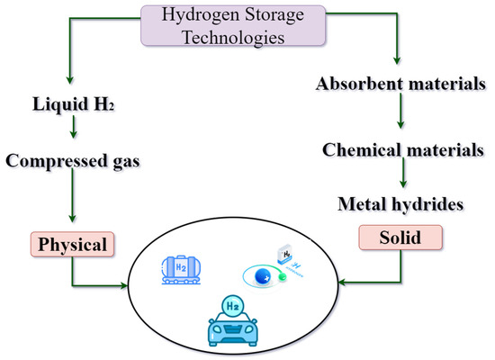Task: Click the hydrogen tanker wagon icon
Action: coord(183,268)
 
